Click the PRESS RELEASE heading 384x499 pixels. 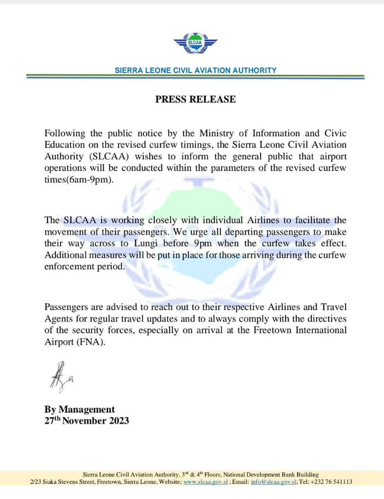coord(195,99)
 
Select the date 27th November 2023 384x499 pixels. coord(87,421)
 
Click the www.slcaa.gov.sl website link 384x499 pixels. coord(201,481)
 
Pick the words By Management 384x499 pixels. coord(79,409)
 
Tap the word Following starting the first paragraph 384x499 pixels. coord(63,133)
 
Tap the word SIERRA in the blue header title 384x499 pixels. coord(128,70)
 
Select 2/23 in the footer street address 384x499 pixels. coord(36,481)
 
